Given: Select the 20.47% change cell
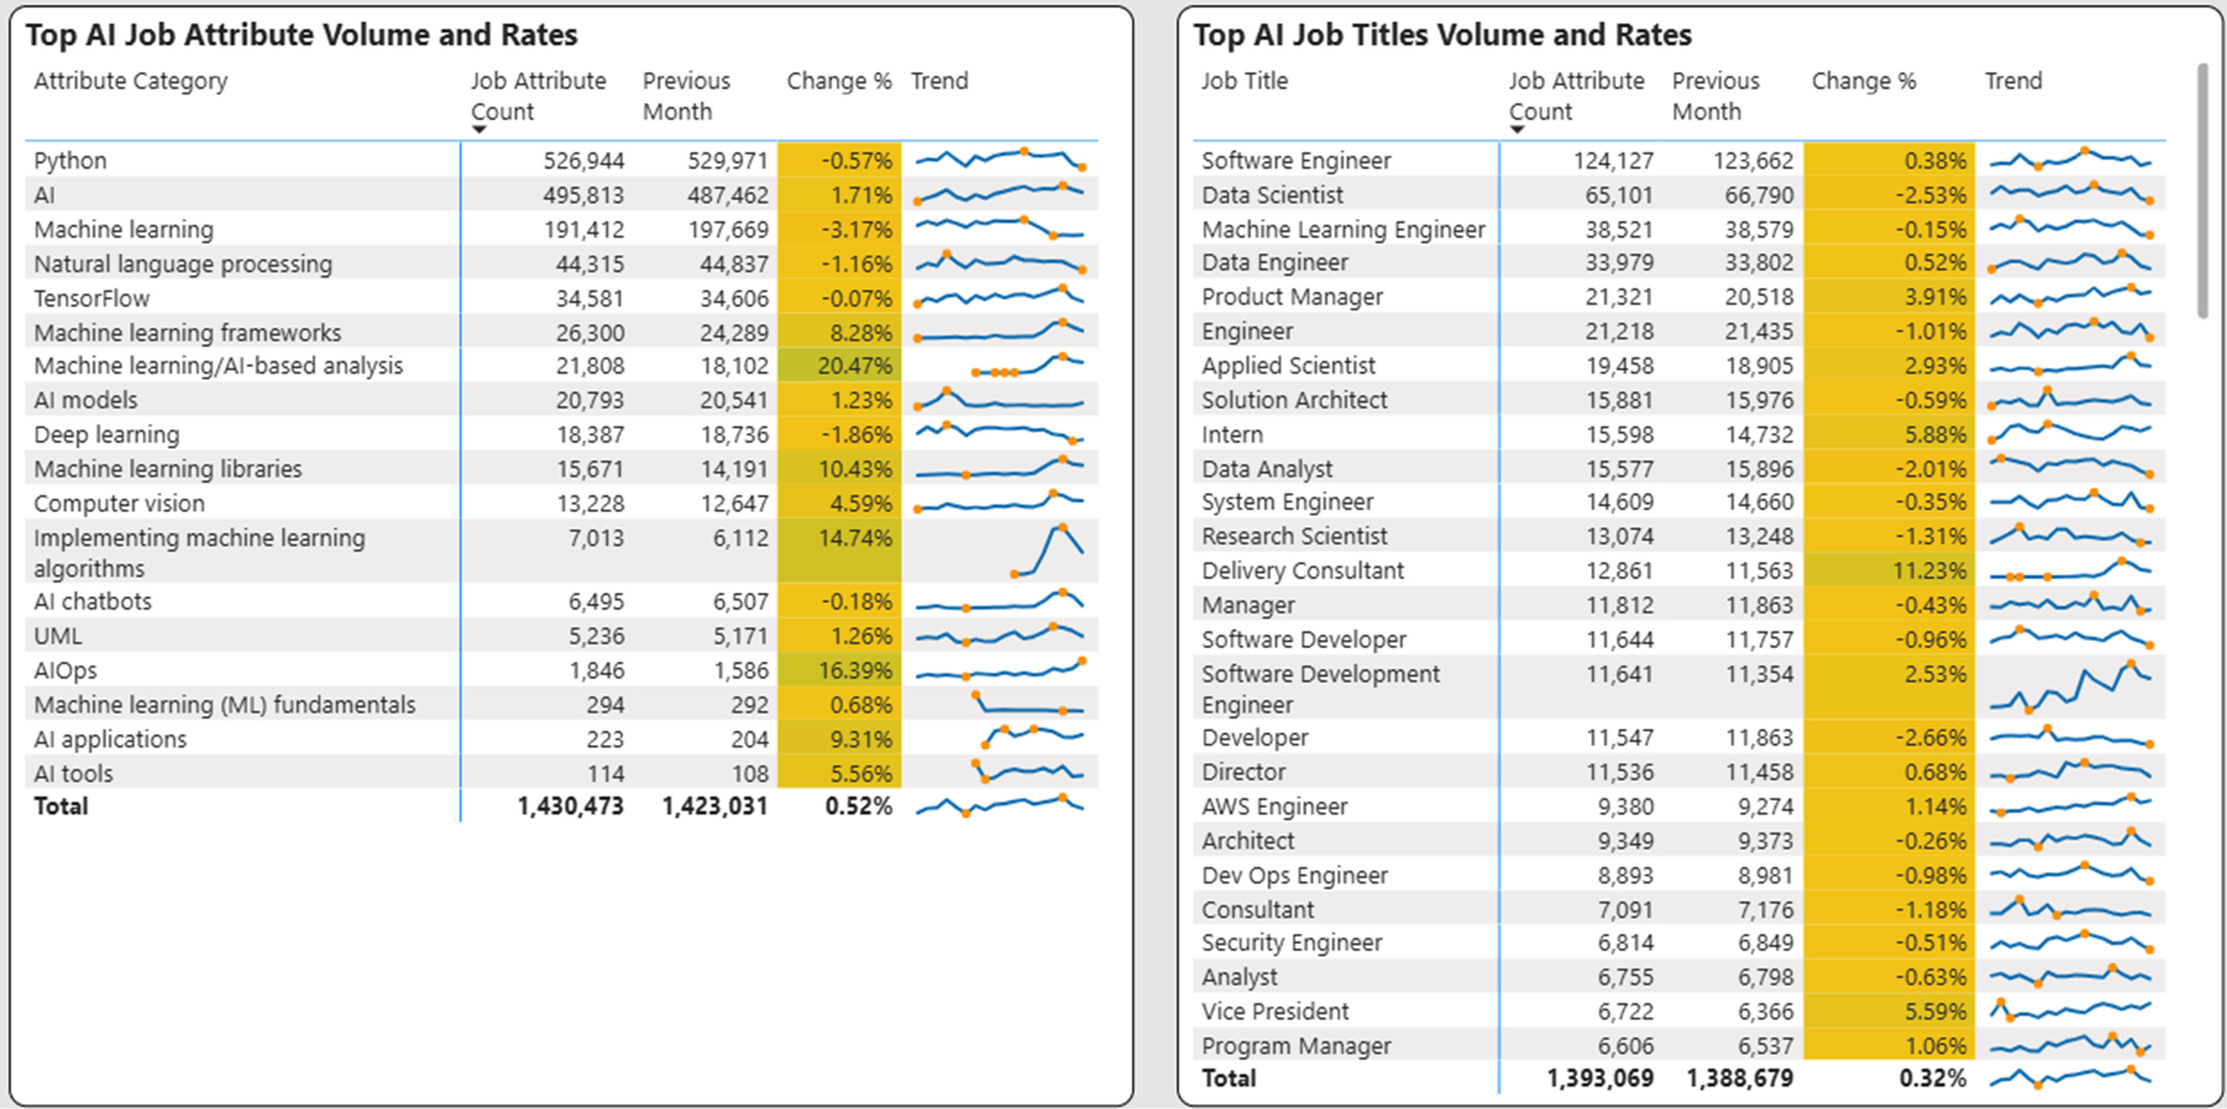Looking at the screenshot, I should (853, 366).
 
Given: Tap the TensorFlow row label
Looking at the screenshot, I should (91, 298).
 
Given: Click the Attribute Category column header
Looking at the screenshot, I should (130, 81).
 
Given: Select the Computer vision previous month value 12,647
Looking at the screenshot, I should (734, 503).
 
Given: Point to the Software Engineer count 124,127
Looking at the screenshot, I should (1613, 161).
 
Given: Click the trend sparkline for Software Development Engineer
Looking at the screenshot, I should (2071, 688).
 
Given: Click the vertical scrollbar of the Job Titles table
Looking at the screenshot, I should (2202, 190).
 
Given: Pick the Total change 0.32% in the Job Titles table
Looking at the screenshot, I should (1932, 1079).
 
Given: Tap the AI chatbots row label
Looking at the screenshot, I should (93, 602).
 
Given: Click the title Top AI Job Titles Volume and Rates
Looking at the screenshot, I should (1442, 36).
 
